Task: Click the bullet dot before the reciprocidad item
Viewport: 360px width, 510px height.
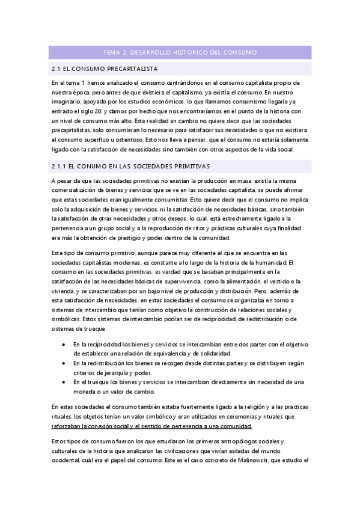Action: [x=64, y=344]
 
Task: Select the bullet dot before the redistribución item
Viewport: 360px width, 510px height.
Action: [x=64, y=363]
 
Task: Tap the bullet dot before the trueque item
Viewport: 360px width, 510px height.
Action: [x=64, y=381]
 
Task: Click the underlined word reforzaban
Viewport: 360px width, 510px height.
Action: [x=70, y=426]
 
